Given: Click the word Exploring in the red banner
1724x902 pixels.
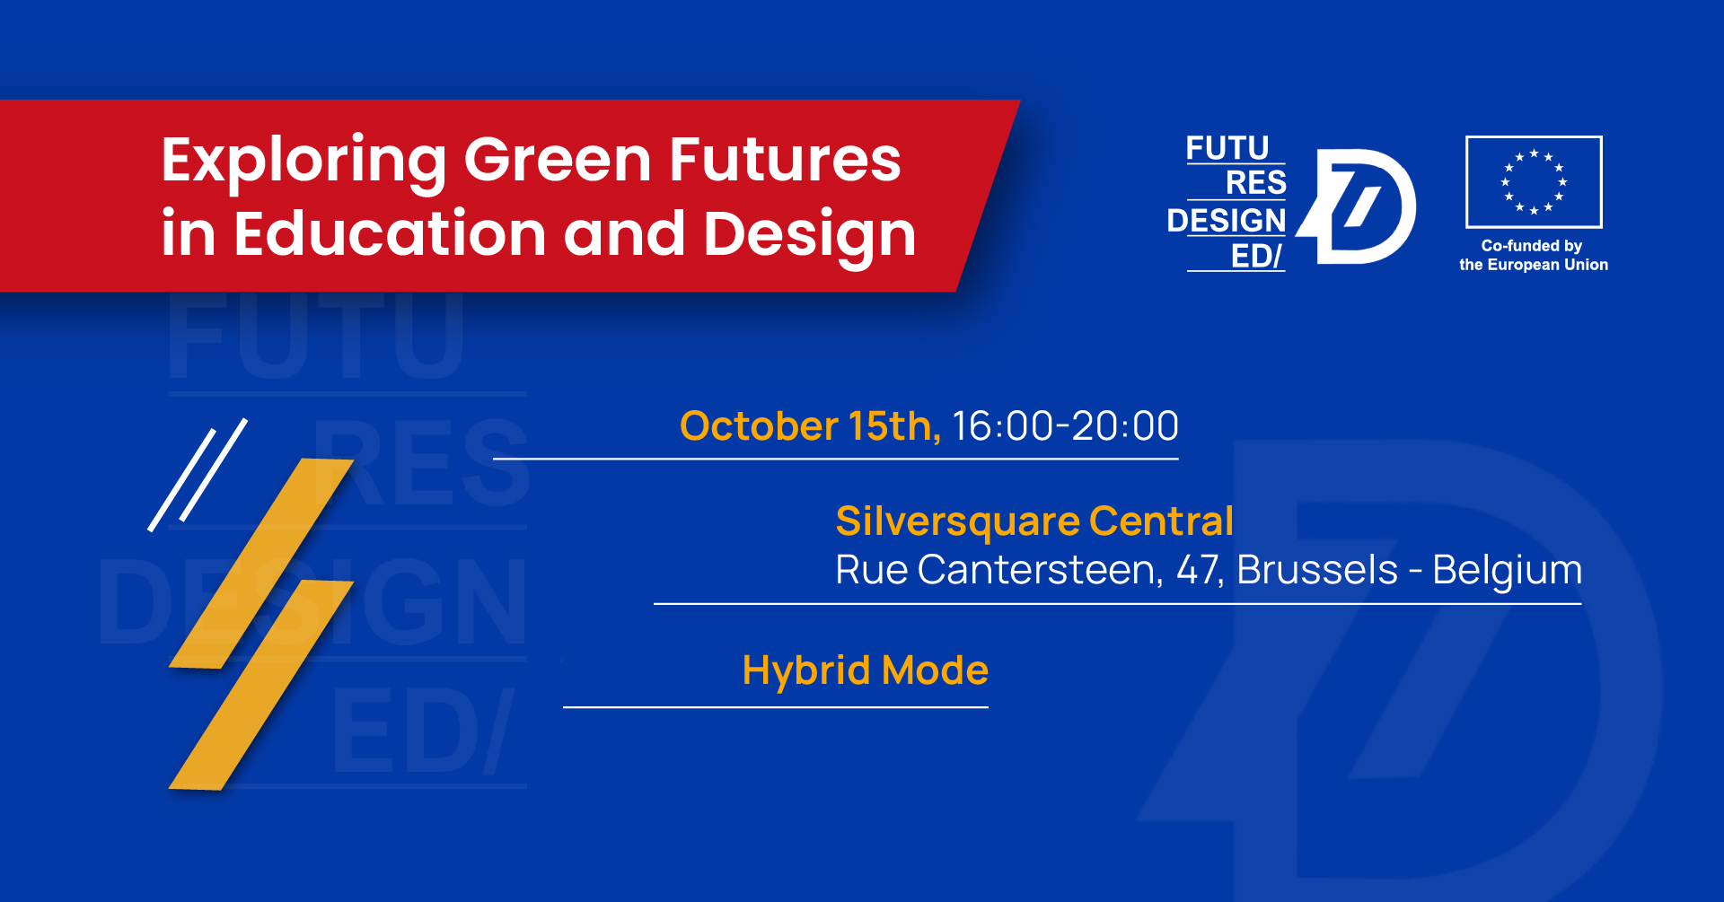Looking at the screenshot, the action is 303,162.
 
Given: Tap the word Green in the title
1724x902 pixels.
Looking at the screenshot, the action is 558,160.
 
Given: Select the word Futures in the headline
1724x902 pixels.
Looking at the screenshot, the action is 785,160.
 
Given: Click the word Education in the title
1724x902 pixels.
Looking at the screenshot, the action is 390,233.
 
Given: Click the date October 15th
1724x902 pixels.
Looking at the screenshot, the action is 810,425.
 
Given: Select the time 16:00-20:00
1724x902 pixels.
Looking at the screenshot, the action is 1065,425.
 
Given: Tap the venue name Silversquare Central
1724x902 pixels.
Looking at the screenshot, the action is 1034,521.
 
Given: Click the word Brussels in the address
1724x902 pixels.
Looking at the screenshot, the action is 1317,570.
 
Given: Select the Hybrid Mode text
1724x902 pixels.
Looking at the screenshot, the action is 866,671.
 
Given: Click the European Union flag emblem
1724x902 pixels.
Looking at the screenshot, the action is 1534,182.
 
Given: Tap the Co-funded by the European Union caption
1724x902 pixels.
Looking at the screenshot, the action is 1534,255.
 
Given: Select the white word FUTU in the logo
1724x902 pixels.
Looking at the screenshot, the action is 1227,148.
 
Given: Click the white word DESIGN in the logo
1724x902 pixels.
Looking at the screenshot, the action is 1227,220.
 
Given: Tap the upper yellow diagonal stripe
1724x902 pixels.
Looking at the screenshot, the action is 261,564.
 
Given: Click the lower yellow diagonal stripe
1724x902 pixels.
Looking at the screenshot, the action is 261,685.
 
